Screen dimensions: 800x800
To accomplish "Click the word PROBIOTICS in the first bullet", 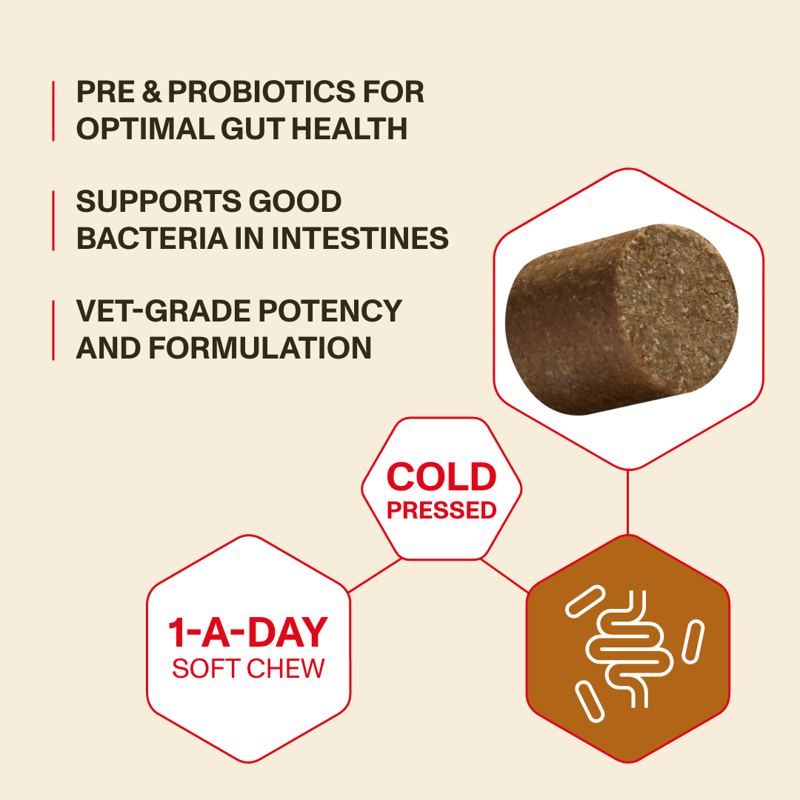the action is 261,92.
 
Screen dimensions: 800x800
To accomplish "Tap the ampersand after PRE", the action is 152,92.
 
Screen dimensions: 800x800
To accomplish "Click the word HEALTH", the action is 350,129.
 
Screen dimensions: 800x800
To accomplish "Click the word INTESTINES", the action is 360,239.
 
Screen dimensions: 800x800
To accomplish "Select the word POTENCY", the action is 330,310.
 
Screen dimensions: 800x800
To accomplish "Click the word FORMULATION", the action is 260,348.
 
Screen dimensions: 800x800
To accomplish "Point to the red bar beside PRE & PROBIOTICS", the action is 53,110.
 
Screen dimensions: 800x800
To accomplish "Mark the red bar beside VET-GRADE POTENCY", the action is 53,330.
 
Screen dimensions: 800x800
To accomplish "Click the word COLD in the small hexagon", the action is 441,477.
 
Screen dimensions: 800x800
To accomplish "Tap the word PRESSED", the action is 441,510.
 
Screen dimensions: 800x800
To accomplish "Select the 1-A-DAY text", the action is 248,632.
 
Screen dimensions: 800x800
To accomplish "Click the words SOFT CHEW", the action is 248,668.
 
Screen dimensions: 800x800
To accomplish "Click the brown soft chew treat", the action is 621,319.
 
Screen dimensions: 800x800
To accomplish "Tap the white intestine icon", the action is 629,649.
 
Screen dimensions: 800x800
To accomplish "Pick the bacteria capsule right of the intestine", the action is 693,641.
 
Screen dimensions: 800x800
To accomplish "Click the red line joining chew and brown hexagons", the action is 627,502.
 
